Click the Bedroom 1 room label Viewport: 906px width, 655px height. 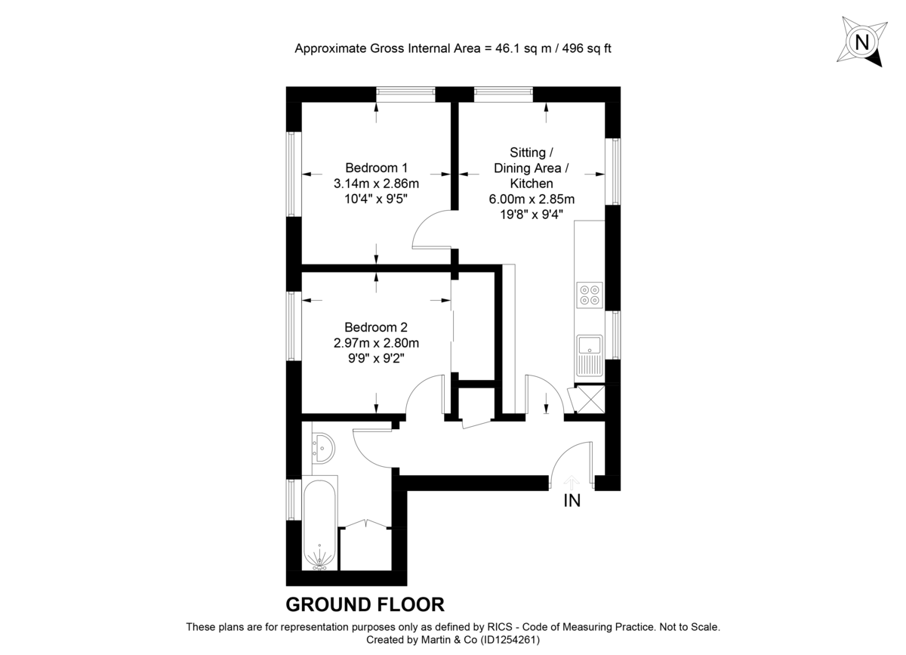[376, 168]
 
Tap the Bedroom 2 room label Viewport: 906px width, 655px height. [376, 327]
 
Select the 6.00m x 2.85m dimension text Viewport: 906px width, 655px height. [531, 199]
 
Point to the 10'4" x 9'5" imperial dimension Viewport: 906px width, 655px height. [376, 199]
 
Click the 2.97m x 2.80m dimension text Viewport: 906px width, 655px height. [376, 343]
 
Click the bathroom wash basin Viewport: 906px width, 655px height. [322, 448]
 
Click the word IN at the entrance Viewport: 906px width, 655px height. [572, 500]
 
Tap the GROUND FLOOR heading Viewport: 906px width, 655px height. [365, 604]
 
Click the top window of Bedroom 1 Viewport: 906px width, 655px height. [405, 94]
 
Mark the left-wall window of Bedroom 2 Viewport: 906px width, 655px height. [293, 326]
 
